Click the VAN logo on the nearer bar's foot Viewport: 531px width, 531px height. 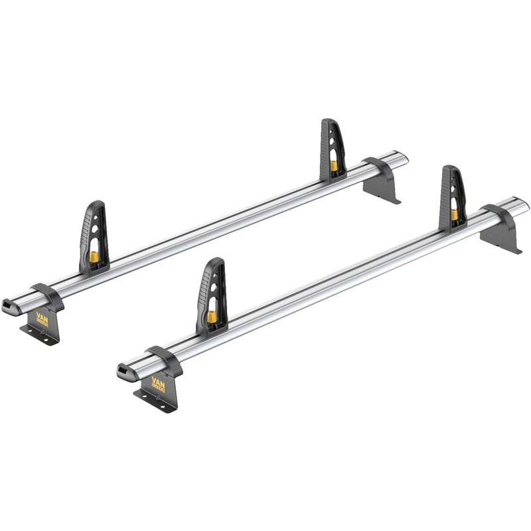(x=160, y=383)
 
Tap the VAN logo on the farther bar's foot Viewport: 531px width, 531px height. (x=43, y=317)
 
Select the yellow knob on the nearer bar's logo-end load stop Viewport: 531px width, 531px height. (x=212, y=317)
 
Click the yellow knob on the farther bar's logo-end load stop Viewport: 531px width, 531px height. (x=95, y=256)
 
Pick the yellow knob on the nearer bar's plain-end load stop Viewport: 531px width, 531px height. (x=455, y=214)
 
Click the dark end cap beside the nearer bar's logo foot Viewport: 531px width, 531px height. (x=126, y=372)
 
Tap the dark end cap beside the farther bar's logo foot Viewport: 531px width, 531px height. (x=11, y=305)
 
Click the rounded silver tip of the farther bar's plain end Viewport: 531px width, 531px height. (x=403, y=157)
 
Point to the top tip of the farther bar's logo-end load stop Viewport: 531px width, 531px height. (x=97, y=204)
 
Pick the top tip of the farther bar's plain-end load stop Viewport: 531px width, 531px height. (x=330, y=121)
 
